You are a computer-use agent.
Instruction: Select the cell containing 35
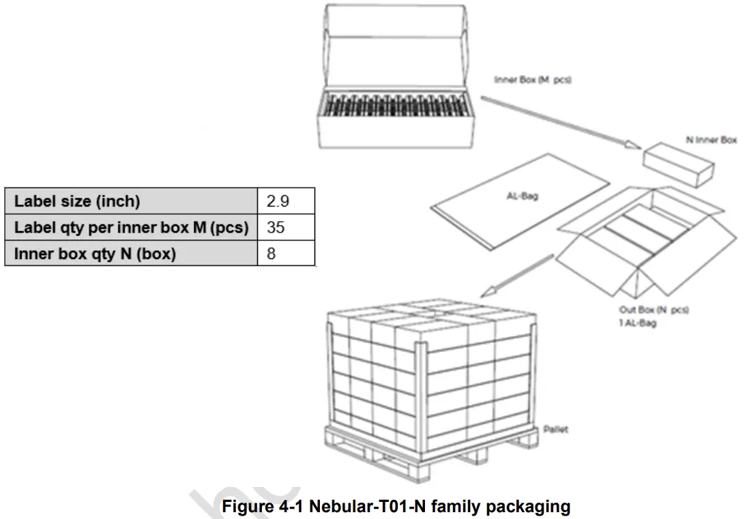276,227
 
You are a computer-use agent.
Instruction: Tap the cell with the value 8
271,254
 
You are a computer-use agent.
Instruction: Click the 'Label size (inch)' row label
77,201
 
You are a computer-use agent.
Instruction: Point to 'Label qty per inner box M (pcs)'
132,227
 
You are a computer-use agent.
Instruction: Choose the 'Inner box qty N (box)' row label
95,254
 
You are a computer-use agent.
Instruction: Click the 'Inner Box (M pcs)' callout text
533,80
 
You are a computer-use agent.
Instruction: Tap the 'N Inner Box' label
711,140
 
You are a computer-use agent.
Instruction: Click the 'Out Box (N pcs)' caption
654,310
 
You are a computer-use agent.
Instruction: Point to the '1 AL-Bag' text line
637,323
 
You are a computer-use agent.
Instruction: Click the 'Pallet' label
555,430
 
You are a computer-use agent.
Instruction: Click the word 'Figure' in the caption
244,507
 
